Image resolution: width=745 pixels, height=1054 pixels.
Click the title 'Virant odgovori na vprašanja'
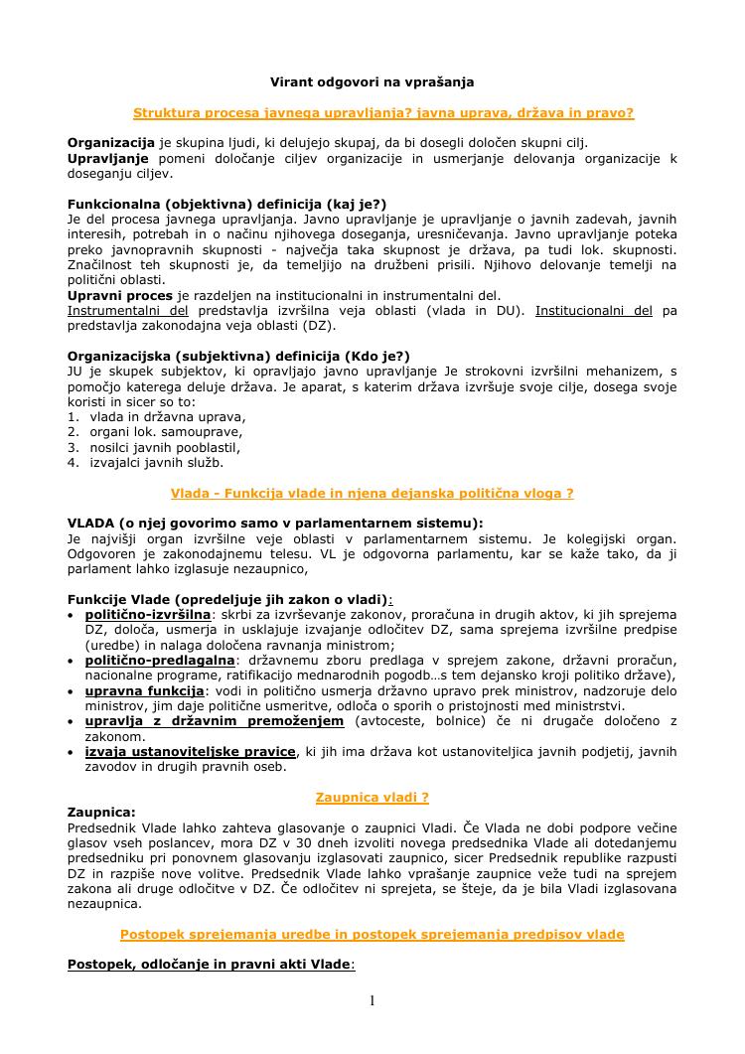click(372, 81)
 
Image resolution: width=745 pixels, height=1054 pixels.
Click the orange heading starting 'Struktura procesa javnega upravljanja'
click(382, 113)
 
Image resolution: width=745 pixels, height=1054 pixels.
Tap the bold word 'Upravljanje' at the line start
click(108, 158)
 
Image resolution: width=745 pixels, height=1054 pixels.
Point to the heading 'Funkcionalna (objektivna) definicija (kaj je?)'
click(226, 204)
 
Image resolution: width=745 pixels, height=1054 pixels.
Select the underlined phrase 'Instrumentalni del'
click(128, 310)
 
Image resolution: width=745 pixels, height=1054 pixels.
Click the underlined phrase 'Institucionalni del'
click(593, 310)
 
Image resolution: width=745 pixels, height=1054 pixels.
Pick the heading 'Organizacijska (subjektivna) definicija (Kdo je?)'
click(238, 356)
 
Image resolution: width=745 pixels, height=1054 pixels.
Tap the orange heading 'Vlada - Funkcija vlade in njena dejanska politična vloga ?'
click(372, 493)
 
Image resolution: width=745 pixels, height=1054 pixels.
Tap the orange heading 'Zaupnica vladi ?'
click(372, 797)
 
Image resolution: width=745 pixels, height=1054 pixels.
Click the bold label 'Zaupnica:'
click(101, 812)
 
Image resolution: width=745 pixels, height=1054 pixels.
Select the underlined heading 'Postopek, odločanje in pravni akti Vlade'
click(209, 964)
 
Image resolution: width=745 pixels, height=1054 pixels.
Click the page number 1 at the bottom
click(372, 1000)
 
